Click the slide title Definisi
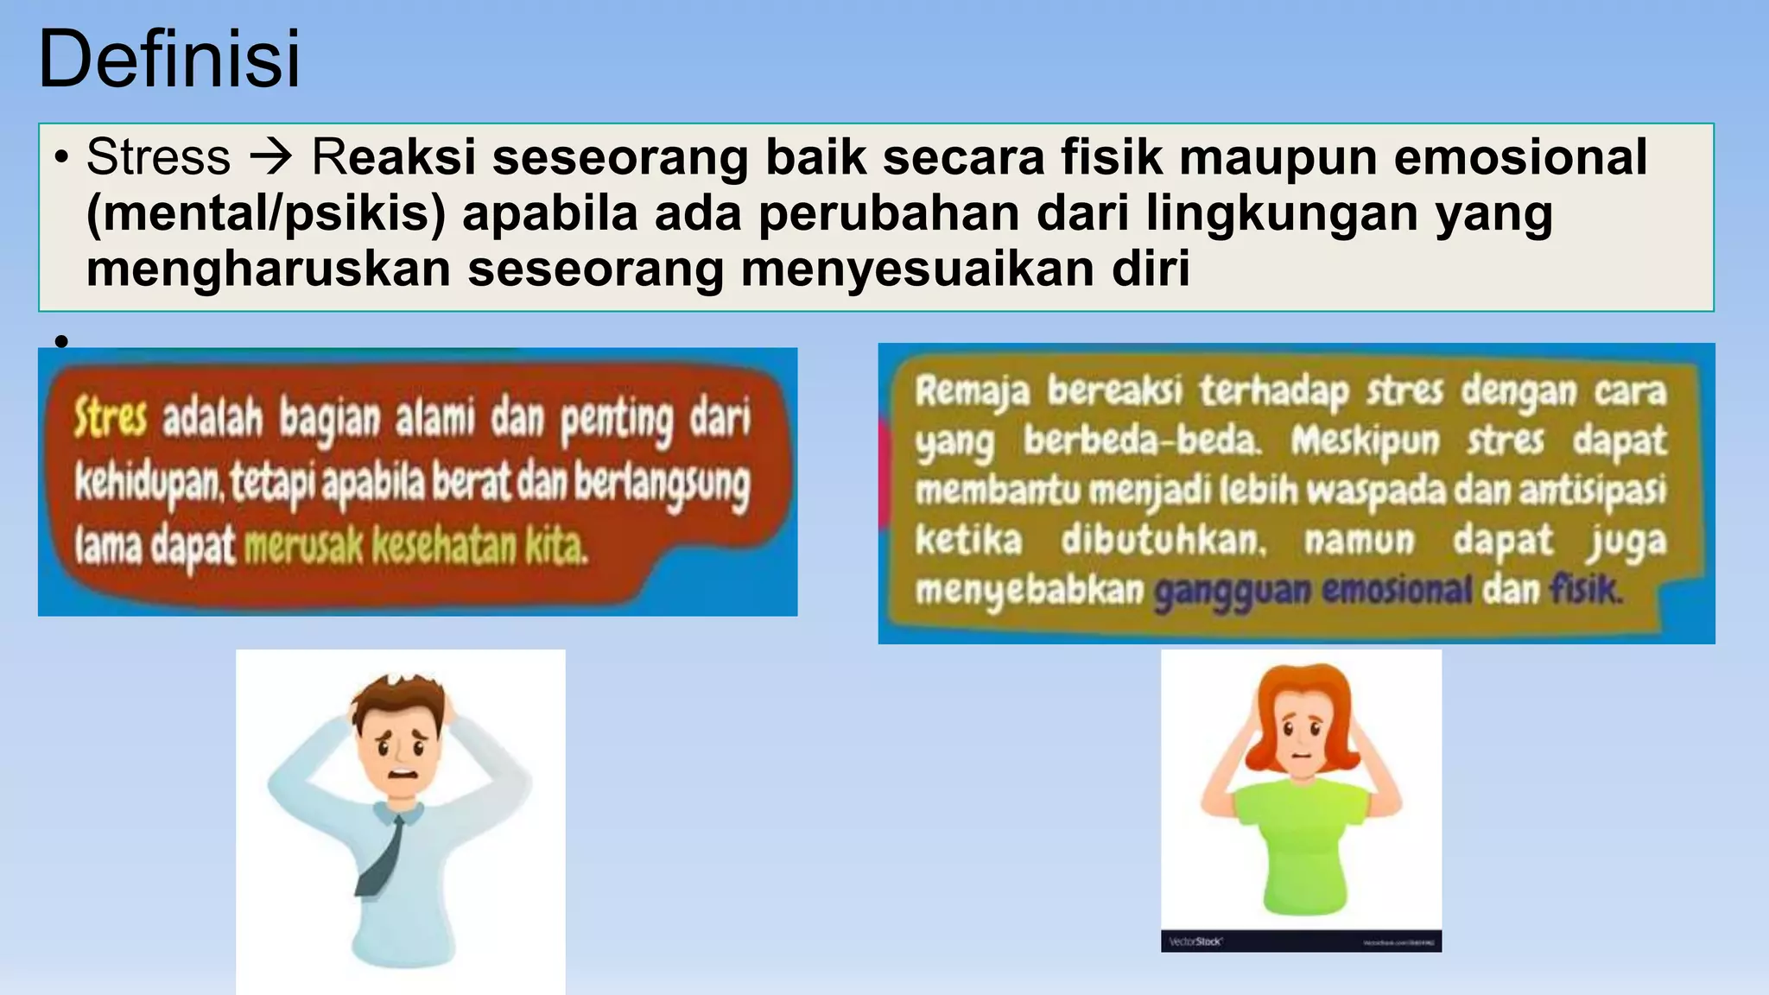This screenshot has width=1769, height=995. [x=169, y=59]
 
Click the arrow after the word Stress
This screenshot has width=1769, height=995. [x=271, y=157]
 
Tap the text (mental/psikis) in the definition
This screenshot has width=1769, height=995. [x=266, y=213]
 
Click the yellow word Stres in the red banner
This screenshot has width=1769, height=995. [x=110, y=418]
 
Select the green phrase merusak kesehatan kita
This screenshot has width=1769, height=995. [x=415, y=546]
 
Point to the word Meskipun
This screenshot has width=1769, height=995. [x=1365, y=440]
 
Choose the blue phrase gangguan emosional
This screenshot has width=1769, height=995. [x=1312, y=591]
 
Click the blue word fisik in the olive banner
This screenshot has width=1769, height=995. [x=1584, y=591]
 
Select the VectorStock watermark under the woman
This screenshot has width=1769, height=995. [x=1195, y=941]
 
